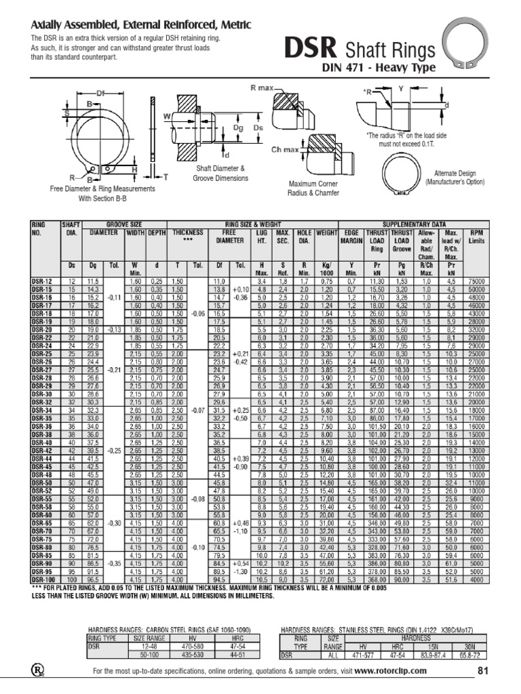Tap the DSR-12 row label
click(42, 280)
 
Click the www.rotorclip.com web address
click(391, 670)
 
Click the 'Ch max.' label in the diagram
click(286, 149)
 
